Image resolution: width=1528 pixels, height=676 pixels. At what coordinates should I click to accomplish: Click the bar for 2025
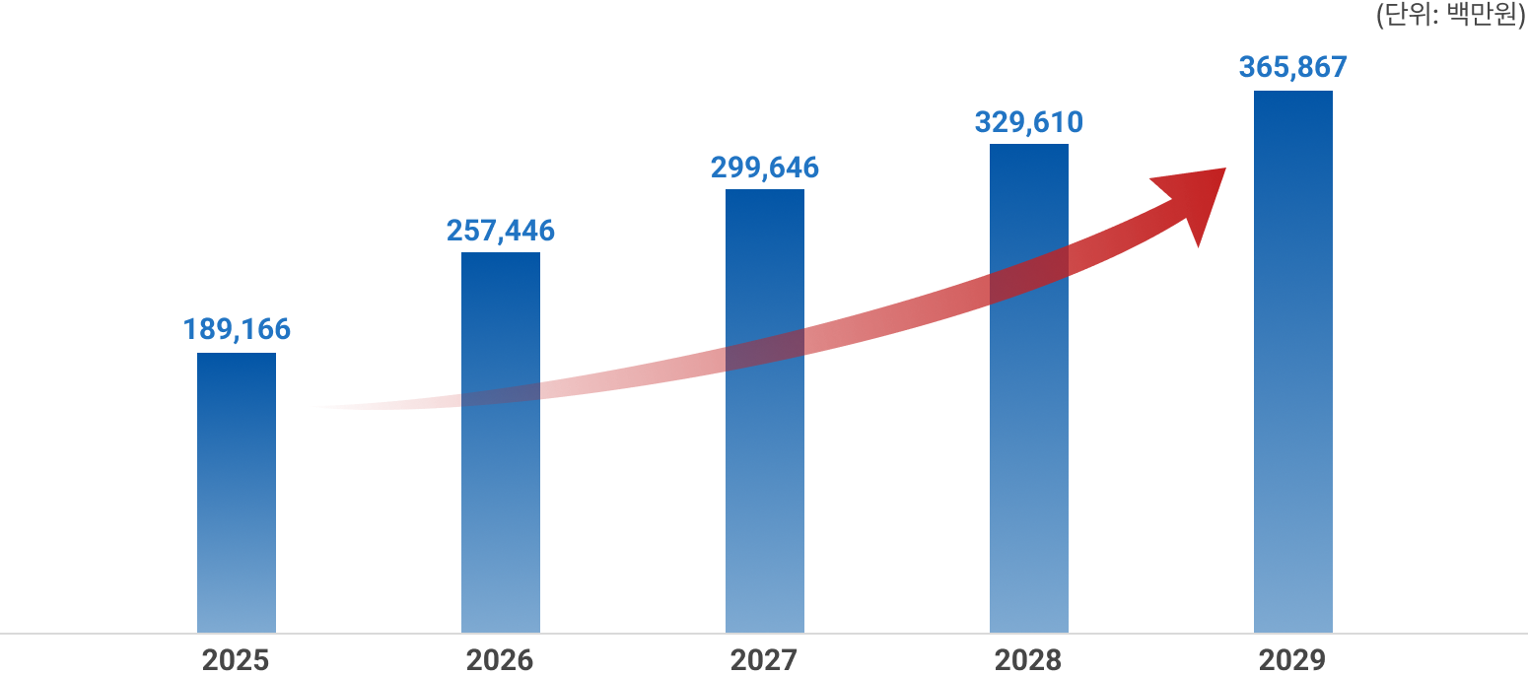click(x=237, y=493)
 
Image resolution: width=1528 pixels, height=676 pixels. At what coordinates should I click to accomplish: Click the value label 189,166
click(x=237, y=329)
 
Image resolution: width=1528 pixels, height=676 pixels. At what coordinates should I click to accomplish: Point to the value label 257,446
click(x=501, y=231)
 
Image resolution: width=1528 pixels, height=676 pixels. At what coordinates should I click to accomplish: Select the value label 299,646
click(x=765, y=168)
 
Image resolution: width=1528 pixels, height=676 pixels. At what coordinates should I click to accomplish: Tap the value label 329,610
click(x=1029, y=122)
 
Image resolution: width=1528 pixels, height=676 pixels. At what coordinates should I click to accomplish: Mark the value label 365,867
click(x=1293, y=67)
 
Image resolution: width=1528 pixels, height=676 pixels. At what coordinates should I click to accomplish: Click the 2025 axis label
click(x=236, y=659)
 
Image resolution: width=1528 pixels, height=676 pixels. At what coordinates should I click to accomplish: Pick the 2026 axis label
click(x=500, y=659)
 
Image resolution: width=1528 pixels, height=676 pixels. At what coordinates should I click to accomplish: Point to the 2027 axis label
click(x=764, y=659)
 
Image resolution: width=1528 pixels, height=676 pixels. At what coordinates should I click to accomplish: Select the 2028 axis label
click(x=1028, y=659)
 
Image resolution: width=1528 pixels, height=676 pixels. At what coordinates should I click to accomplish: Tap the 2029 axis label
click(x=1292, y=659)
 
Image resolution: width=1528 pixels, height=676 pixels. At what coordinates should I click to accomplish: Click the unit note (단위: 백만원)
click(x=1450, y=16)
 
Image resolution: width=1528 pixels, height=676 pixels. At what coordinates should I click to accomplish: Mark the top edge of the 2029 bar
click(x=1293, y=92)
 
